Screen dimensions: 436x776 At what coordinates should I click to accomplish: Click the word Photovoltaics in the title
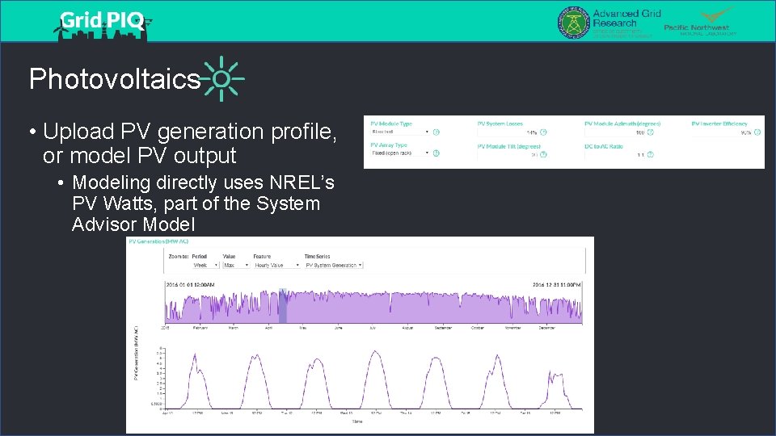pyautogui.click(x=114, y=79)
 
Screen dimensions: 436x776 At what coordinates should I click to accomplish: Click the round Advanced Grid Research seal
pyautogui.click(x=573, y=22)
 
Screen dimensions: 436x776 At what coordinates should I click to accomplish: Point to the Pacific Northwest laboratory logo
pyautogui.click(x=700, y=22)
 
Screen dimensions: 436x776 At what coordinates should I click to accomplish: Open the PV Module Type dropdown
pyautogui.click(x=400, y=132)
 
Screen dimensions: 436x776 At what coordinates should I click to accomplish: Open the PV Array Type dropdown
pyautogui.click(x=400, y=153)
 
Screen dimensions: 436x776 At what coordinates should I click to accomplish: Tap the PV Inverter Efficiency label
pyautogui.click(x=719, y=124)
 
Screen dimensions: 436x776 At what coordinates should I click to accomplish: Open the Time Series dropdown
pyautogui.click(x=334, y=265)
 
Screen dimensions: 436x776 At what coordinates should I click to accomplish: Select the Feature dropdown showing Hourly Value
pyautogui.click(x=272, y=265)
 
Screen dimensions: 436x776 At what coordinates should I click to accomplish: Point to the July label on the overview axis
pyautogui.click(x=373, y=328)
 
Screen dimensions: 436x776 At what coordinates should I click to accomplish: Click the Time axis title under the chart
pyautogui.click(x=356, y=421)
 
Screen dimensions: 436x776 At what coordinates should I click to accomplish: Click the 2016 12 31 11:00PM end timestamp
pyautogui.click(x=557, y=284)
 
